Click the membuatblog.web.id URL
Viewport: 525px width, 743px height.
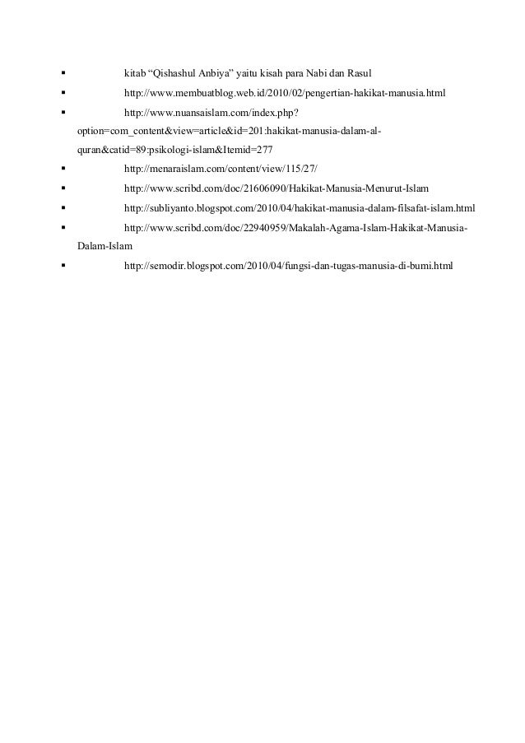[284, 95]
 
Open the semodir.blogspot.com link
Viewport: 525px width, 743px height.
[288, 265]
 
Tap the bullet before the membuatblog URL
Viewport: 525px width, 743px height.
[63, 95]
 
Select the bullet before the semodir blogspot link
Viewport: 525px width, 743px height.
[63, 265]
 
